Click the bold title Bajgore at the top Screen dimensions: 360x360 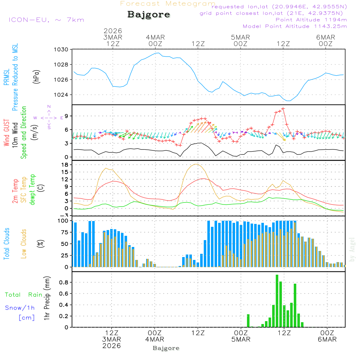(x=149, y=15)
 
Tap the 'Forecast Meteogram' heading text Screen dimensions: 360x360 (x=168, y=4)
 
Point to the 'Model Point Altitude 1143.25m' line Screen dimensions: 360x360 (x=295, y=26)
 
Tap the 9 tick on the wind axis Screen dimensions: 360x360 (x=66, y=116)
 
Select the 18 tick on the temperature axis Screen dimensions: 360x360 (x=65, y=165)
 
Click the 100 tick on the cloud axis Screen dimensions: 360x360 (x=63, y=221)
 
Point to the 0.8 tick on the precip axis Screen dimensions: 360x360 (x=64, y=283)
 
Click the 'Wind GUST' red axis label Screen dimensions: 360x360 (x=6, y=132)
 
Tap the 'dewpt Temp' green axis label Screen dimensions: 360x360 (x=32, y=190)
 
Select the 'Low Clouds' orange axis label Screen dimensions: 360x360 (x=24, y=243)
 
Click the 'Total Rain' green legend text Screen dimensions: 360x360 (x=23, y=295)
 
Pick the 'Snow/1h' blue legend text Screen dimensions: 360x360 (x=20, y=308)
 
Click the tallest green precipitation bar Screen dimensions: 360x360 (x=277, y=301)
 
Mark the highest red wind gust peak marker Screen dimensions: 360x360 (x=283, y=108)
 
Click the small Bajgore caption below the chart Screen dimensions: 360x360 (x=166, y=348)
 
